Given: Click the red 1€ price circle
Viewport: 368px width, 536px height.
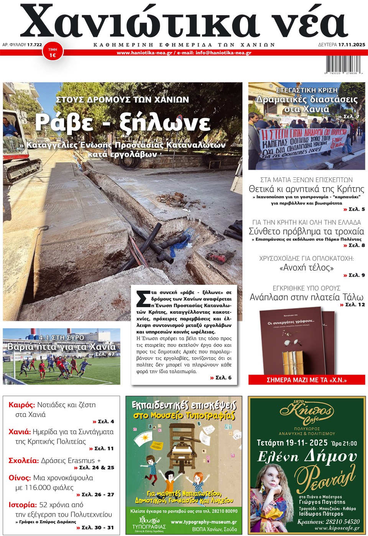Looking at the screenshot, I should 53,53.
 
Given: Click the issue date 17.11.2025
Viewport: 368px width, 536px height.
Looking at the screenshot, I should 352,45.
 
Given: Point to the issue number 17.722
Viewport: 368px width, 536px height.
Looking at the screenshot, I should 34,45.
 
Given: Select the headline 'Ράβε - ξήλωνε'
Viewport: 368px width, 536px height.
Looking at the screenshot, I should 123,122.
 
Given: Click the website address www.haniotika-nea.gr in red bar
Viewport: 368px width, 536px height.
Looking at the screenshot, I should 145,53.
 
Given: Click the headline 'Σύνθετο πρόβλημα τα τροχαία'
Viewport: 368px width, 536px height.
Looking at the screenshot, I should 306,231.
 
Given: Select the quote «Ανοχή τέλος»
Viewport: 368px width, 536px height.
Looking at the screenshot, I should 306,268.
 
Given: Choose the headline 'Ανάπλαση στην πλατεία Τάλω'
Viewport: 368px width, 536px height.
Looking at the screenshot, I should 306,297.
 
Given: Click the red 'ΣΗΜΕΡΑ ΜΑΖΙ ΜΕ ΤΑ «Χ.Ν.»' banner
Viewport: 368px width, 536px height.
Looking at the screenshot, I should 306,380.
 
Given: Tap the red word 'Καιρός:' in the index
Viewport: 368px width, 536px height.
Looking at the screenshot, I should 21,405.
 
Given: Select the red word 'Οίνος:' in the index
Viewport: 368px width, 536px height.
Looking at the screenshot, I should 20,478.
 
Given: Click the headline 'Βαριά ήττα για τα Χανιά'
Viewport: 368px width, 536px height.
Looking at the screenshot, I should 61,347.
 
